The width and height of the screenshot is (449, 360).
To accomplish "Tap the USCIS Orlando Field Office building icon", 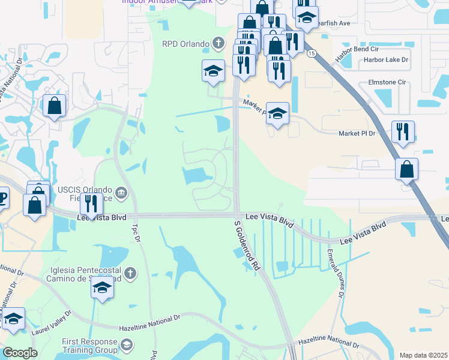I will (x=121, y=192).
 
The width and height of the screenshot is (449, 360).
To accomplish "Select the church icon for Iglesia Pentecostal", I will (x=130, y=274).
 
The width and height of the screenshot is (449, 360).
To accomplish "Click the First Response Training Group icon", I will (x=126, y=344).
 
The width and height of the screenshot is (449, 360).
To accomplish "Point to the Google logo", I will (x=20, y=353).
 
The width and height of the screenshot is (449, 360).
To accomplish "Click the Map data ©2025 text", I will (x=423, y=355).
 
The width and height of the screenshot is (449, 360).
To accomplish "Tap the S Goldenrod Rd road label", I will (x=248, y=245).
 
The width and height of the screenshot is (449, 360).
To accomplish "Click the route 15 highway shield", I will (x=311, y=53).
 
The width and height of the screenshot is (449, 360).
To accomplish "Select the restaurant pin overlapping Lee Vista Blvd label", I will (x=91, y=204).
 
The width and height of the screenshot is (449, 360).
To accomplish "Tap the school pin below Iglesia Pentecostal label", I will (x=103, y=288).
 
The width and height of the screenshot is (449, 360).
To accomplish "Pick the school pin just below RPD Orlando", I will (x=213, y=71).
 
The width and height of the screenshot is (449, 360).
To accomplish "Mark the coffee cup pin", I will (x=2, y=196).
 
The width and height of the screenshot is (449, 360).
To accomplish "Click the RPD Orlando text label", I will (x=185, y=43).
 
